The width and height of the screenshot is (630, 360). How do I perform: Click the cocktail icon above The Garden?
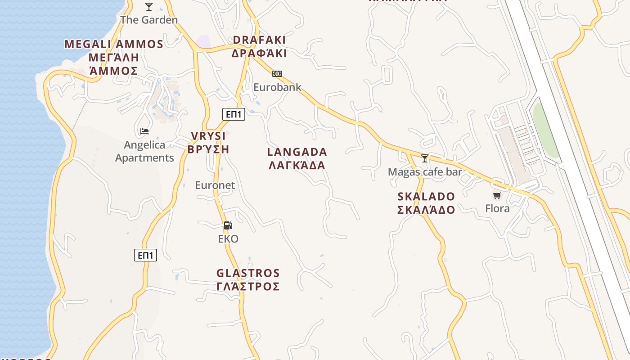(149, 7)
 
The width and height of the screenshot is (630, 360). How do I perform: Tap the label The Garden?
(149, 20)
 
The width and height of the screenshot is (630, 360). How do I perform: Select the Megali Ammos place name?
(114, 57)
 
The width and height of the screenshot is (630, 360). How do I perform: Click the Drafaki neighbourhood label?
(259, 46)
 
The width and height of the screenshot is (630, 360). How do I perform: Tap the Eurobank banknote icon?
(277, 74)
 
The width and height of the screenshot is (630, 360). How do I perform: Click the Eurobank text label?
(277, 87)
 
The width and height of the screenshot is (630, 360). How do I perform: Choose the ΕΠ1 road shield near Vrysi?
(234, 114)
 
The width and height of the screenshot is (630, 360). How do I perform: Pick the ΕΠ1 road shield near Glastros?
(146, 256)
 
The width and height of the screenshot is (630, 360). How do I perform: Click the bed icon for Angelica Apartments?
(144, 131)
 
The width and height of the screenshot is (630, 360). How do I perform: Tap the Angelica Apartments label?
(144, 151)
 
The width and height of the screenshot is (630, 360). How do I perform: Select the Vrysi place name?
(208, 143)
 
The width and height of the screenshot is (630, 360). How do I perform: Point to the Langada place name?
(297, 158)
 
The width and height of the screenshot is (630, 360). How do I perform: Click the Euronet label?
(215, 185)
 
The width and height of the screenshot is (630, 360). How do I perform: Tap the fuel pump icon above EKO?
(228, 225)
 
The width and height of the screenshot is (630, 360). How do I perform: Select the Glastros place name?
(248, 279)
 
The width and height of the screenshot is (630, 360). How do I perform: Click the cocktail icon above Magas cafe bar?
(424, 158)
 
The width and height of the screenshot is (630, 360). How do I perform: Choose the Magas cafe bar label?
(425, 172)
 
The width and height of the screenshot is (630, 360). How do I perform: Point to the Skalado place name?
(426, 203)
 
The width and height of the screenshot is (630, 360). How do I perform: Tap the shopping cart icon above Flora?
(497, 195)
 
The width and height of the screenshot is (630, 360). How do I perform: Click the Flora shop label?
(497, 208)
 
